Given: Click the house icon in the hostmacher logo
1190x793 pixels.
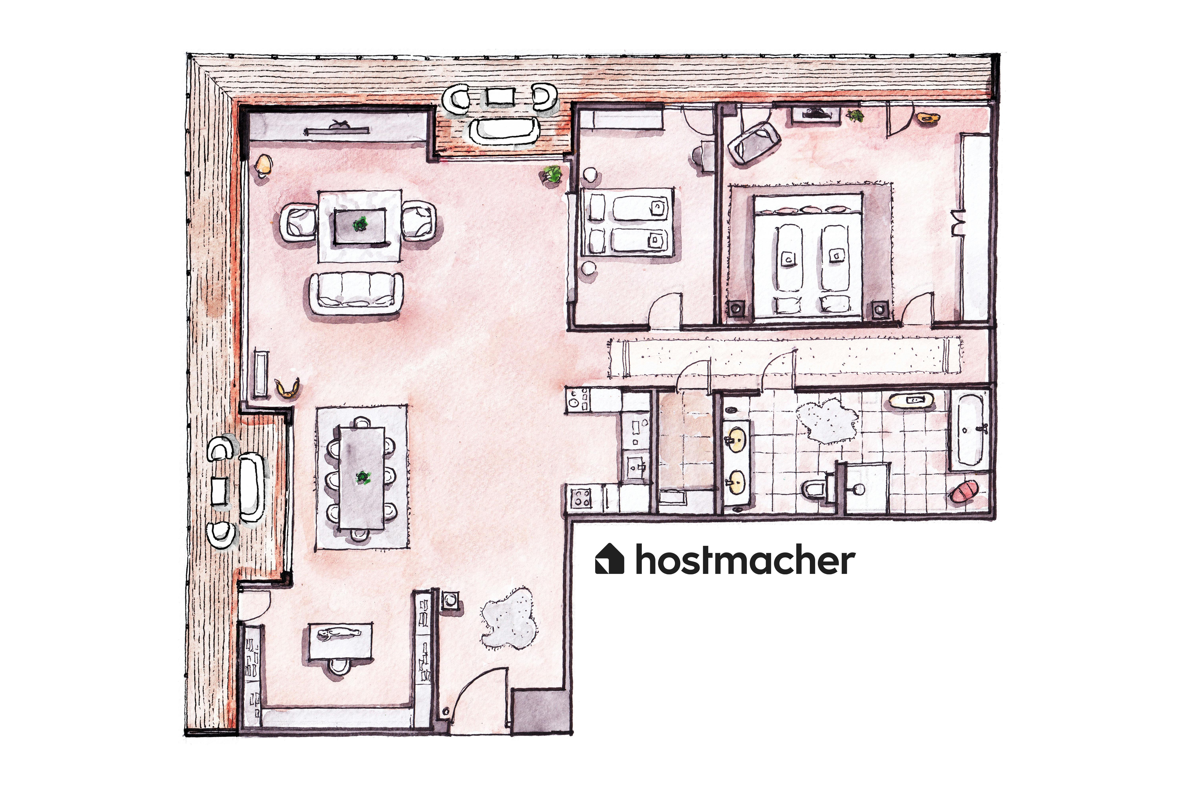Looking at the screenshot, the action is (610, 559).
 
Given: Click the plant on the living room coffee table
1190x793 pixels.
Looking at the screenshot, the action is (360, 224).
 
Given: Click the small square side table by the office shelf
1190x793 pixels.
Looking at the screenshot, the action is (450, 601).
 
